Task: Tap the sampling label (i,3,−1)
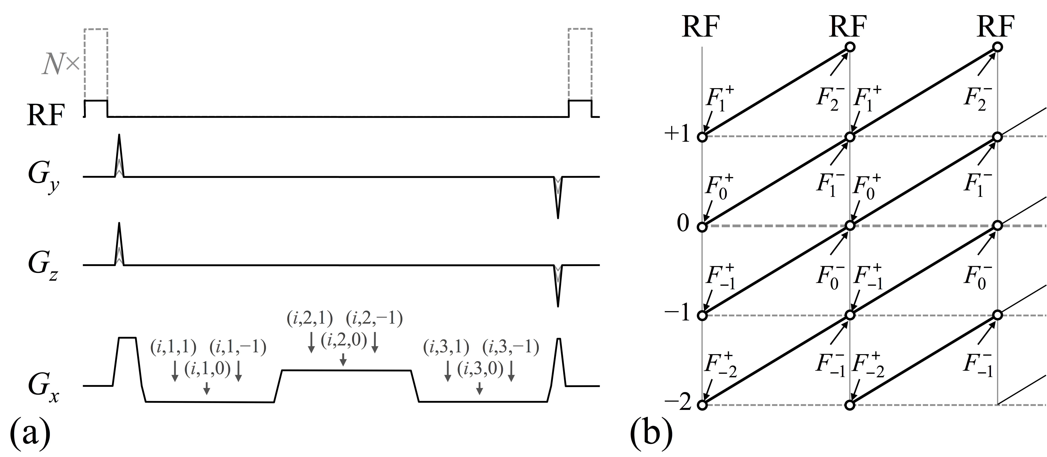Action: pyautogui.click(x=511, y=348)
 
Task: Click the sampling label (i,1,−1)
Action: pyautogui.click(x=238, y=348)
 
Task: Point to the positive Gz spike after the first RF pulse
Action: pyautogui.click(x=119, y=244)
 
